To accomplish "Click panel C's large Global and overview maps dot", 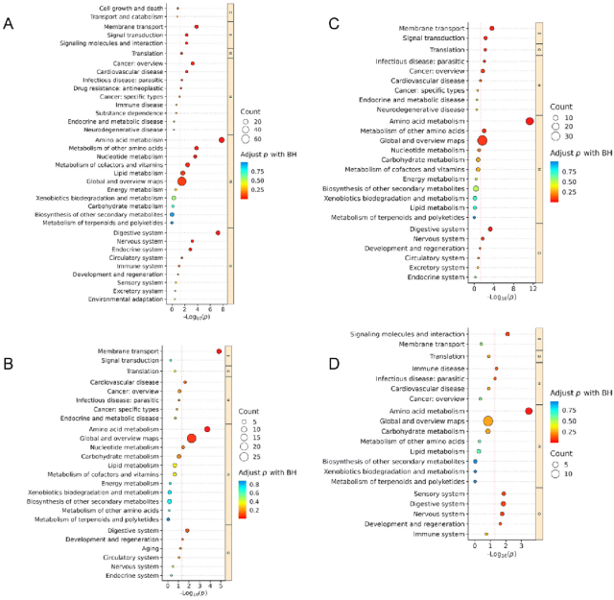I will tap(483, 140).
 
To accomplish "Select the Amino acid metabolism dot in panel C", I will tap(530, 121).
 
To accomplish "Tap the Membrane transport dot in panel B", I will tap(219, 351).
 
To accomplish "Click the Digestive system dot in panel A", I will tap(218, 232).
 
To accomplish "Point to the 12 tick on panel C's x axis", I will tap(530, 288).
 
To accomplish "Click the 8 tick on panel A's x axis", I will tap(222, 309).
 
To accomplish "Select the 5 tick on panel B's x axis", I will tap(221, 585).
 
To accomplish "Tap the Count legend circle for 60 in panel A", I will tap(246, 138).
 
